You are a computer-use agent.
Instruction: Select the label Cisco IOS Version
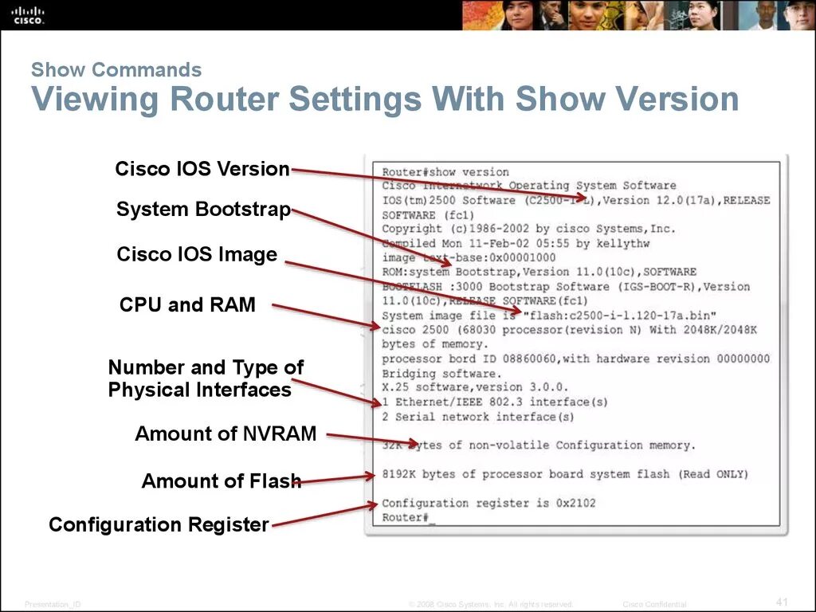coord(202,169)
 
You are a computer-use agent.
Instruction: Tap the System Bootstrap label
coord(203,210)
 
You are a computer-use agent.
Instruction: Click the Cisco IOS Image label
coord(197,255)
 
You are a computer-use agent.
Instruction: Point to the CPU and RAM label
coord(187,304)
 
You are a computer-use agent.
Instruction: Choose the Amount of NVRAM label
coord(226,434)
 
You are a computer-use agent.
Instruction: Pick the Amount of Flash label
coord(221,481)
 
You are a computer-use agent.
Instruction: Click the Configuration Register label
coord(159,524)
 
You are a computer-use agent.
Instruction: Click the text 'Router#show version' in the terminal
coord(445,172)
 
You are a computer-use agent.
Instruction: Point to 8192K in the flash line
coord(398,474)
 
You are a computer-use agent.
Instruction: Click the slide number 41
coord(782,600)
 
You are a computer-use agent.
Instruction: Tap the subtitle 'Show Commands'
coord(116,70)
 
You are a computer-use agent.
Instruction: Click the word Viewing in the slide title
coord(96,100)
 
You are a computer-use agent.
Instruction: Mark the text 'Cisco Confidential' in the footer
coord(654,605)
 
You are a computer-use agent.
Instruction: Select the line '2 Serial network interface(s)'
coord(477,417)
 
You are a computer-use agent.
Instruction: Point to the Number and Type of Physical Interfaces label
coord(206,379)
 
